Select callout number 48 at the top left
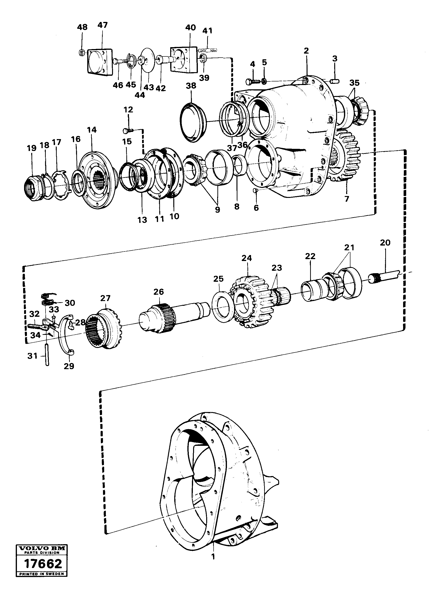[x=82, y=27]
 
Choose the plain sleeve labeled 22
[x=311, y=291]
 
